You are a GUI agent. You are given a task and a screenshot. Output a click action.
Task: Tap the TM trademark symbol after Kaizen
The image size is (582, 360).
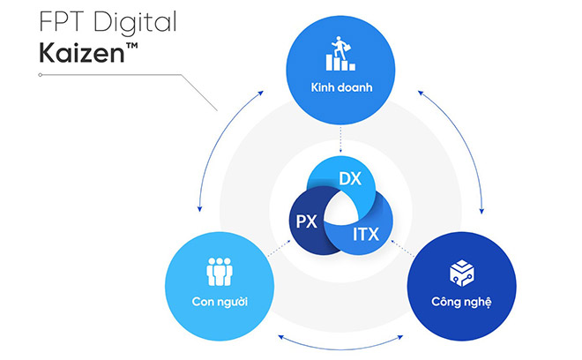pos(130,43)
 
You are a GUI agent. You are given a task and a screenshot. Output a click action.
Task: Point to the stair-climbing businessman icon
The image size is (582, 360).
pos(339,55)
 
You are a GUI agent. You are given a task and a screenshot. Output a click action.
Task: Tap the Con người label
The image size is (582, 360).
pos(218,303)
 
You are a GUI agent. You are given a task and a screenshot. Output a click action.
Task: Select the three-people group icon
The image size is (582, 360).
pos(218,271)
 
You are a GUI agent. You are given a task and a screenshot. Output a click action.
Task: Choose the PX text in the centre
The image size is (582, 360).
pos(306,221)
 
